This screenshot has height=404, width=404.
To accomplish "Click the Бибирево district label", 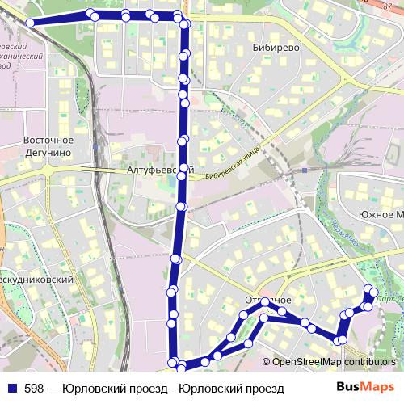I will pos(276,48).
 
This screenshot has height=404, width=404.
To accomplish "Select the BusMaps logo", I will pos(365,387).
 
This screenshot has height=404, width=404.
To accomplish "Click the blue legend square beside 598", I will pos(12,389).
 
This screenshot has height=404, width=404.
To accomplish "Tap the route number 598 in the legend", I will pos(35,389).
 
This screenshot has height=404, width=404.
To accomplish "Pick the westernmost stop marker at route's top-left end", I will pos(31,23).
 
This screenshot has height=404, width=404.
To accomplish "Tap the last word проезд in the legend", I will pos(263,389).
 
